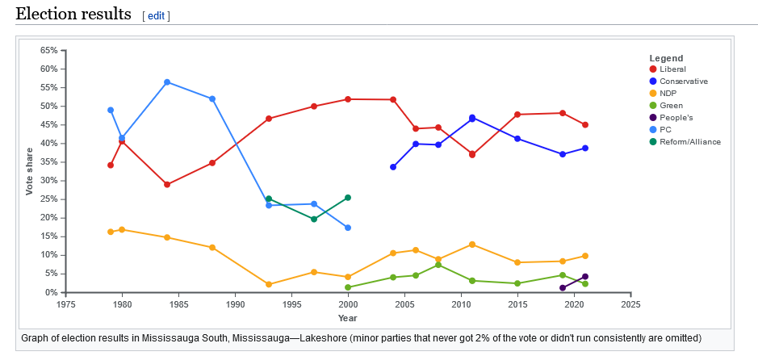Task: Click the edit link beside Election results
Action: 156,16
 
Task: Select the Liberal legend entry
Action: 672,69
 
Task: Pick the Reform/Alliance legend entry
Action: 689,142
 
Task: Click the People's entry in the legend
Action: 676,118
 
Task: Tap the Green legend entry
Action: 671,106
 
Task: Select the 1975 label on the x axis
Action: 65,305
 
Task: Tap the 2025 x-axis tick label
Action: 630,305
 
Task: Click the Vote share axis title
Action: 30,171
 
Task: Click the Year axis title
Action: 348,318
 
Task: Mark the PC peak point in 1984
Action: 167,82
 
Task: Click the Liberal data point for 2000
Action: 348,99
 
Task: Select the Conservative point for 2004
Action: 393,167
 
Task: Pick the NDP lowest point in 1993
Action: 269,284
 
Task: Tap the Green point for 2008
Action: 438,265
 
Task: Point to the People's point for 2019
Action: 563,287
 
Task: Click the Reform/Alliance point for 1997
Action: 314,219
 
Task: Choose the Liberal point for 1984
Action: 167,185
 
